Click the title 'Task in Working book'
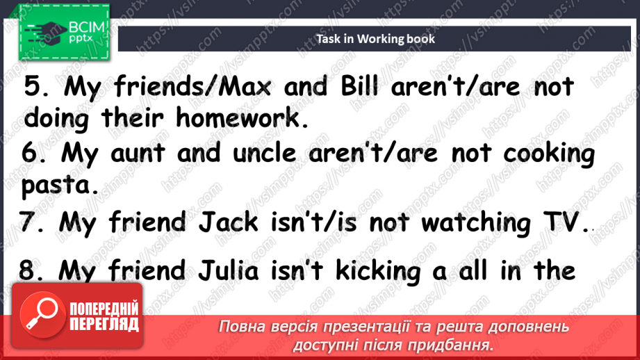coord(375,39)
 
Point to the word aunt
coord(155,154)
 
